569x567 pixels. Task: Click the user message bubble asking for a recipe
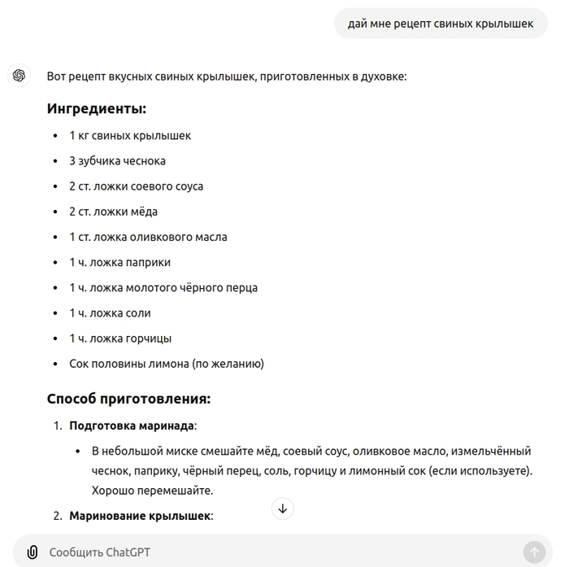coord(441,24)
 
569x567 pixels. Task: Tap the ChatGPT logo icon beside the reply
coord(19,76)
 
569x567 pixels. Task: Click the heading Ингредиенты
coord(96,108)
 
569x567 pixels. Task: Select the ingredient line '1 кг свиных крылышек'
coord(130,136)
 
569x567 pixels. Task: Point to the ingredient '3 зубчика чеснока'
coord(117,161)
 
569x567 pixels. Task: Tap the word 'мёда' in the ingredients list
coord(142,212)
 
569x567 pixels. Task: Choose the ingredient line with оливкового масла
coord(148,237)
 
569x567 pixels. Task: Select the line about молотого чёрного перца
coord(163,287)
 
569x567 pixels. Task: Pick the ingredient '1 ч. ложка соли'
coord(110,313)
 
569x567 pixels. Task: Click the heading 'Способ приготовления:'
coord(128,399)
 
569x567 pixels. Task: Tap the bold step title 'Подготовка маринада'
coord(132,425)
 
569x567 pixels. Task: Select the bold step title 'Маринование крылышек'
coord(139,516)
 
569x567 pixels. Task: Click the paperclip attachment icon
coord(32,552)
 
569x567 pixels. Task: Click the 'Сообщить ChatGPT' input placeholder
coord(99,552)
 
